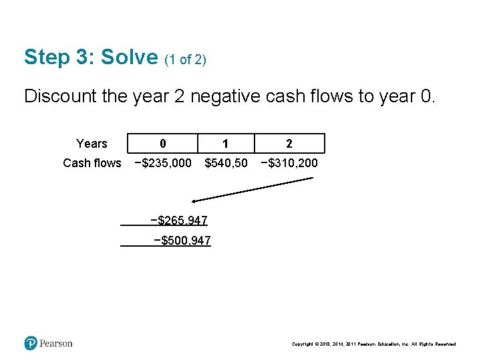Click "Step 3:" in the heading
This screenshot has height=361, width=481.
[x=59, y=57]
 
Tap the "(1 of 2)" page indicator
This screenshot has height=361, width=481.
[x=185, y=60]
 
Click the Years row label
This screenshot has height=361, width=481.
[x=92, y=144]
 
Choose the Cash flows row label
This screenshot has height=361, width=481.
[x=92, y=163]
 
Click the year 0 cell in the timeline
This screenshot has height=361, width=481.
[x=163, y=144]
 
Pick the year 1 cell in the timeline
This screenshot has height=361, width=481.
[x=226, y=144]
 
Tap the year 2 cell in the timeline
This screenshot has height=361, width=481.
[x=289, y=144]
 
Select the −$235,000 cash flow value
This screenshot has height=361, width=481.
[x=163, y=163]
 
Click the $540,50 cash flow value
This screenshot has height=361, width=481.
[x=226, y=163]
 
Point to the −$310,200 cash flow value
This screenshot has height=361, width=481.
[x=289, y=163]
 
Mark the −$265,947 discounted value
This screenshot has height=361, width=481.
[x=179, y=221]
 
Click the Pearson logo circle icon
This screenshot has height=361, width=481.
[x=31, y=344]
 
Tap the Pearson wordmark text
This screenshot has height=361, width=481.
[x=56, y=344]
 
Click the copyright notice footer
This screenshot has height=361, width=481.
[x=373, y=344]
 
